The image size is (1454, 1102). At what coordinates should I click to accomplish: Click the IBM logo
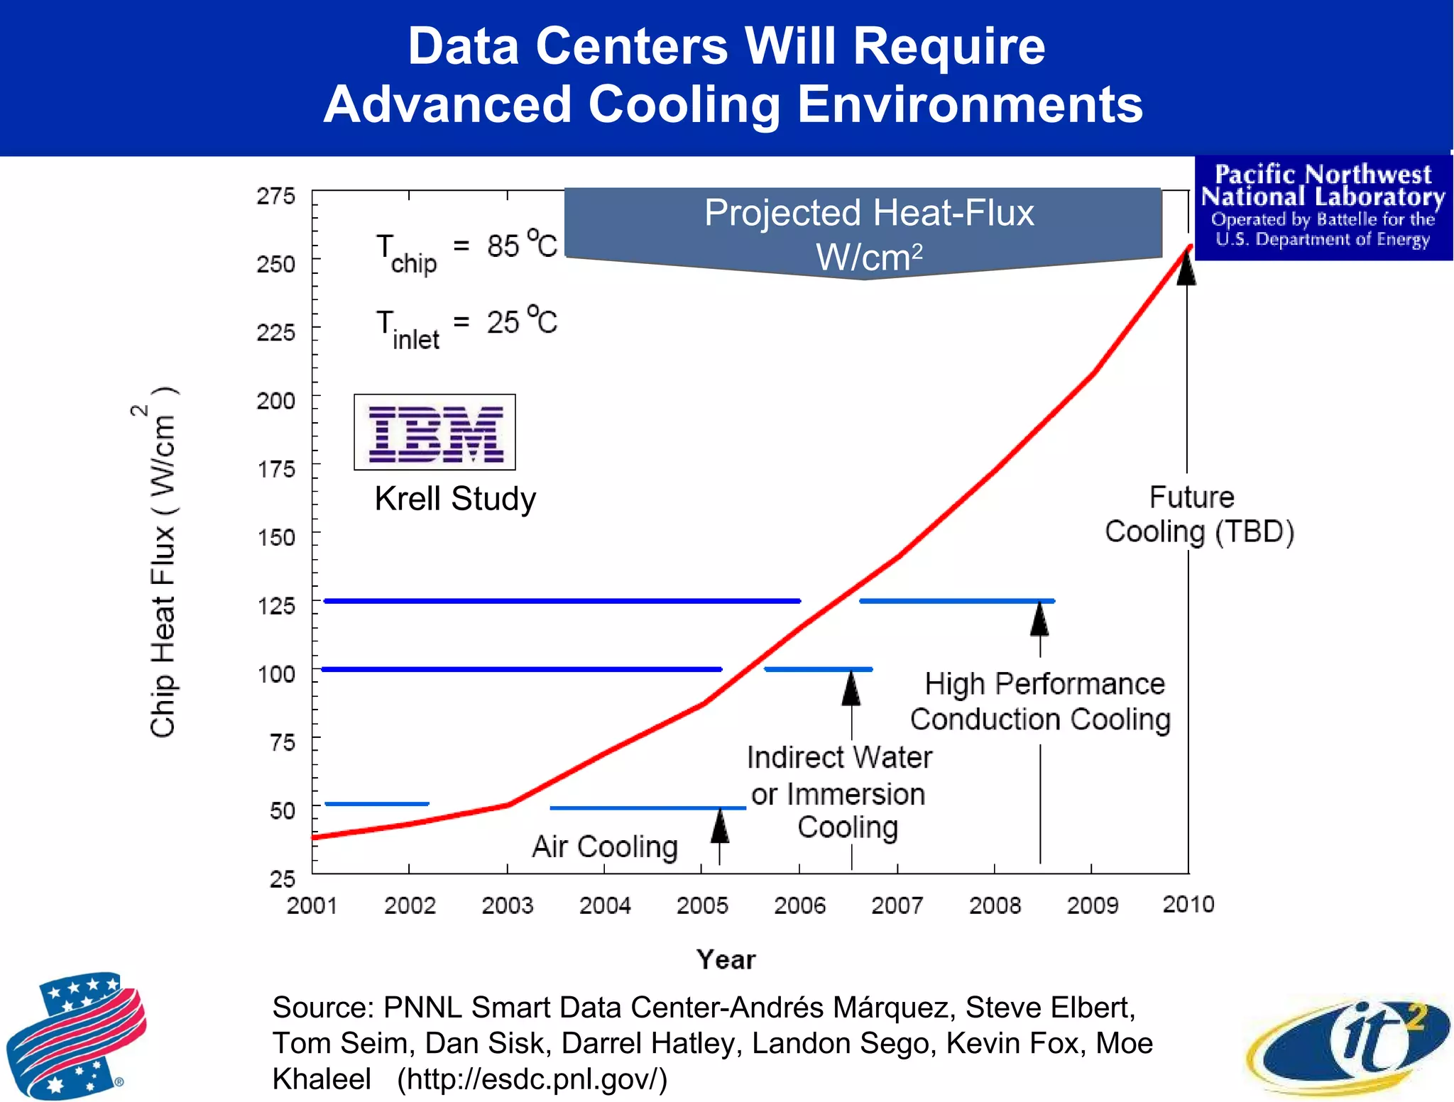[x=434, y=433]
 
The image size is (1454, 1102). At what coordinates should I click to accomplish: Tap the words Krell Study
[x=455, y=499]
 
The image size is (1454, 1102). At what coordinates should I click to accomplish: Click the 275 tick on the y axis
[x=275, y=196]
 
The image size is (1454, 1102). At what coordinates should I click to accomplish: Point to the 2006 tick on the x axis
[x=799, y=905]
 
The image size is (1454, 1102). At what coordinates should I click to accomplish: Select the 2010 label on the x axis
[x=1188, y=904]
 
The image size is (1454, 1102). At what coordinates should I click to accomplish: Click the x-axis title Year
[x=726, y=959]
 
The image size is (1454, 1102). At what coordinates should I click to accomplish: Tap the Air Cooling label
[x=605, y=847]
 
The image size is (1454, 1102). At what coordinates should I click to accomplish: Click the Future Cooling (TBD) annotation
[x=1198, y=514]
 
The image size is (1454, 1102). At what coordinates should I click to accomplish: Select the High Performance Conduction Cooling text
[x=1042, y=701]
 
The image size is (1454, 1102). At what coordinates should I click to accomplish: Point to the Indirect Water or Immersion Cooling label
[x=839, y=793]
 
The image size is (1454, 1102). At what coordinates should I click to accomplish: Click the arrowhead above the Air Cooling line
[x=720, y=826]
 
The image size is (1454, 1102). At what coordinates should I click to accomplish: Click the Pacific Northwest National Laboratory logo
[x=1323, y=206]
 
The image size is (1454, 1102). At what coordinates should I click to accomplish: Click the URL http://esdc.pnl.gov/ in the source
[x=532, y=1079]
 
